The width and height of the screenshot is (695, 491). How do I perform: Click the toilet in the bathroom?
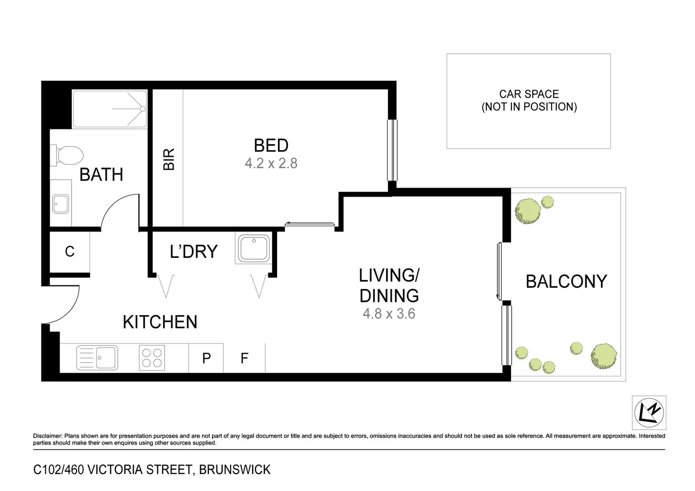click(x=68, y=155)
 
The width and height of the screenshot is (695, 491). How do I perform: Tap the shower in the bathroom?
click(x=110, y=109)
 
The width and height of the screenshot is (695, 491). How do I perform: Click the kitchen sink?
click(x=97, y=357)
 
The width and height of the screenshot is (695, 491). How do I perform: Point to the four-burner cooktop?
click(x=152, y=358)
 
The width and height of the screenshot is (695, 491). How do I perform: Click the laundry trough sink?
click(x=254, y=248)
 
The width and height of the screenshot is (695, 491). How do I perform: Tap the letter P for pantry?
click(x=206, y=358)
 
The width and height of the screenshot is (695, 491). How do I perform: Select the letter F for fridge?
click(x=244, y=358)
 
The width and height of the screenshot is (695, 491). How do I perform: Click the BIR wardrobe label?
click(x=169, y=159)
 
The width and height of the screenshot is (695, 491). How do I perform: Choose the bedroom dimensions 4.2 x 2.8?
click(x=271, y=163)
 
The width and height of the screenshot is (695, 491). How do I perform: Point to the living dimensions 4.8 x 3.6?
click(x=389, y=314)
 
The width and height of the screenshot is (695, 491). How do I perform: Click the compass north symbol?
click(x=649, y=413)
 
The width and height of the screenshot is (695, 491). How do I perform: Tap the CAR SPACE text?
click(x=529, y=94)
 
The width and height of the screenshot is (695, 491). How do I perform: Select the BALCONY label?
click(x=566, y=281)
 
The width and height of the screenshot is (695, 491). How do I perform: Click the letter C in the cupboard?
click(x=70, y=251)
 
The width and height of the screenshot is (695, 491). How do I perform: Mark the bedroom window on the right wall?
click(x=392, y=150)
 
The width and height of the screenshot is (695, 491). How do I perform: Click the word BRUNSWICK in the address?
click(x=235, y=470)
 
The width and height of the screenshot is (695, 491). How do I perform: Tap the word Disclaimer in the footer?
click(x=47, y=436)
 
